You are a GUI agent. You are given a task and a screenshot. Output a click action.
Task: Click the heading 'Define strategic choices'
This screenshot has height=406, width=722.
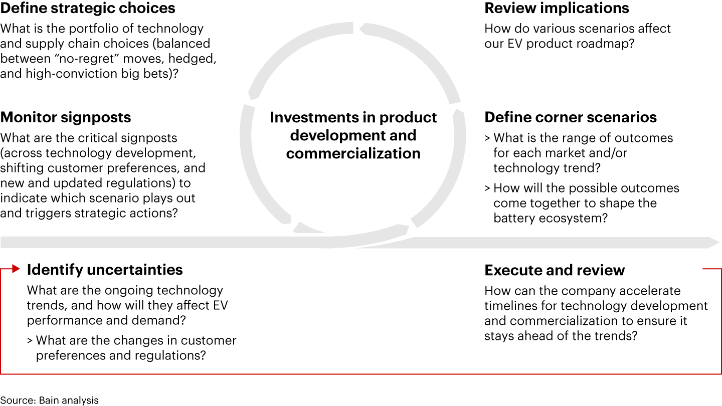coord(88,8)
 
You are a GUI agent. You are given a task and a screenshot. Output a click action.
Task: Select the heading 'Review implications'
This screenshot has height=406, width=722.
coord(557,8)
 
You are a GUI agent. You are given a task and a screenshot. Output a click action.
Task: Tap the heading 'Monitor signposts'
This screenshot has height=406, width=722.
coord(66,117)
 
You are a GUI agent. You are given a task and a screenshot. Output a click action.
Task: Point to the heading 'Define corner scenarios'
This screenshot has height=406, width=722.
coord(571,117)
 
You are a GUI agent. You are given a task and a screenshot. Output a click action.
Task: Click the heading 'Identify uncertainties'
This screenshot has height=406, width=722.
coord(105,270)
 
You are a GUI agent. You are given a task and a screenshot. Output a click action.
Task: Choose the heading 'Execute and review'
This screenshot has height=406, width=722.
coord(555,270)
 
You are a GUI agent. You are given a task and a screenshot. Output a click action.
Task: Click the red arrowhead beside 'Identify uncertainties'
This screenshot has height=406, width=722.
coord(16,269)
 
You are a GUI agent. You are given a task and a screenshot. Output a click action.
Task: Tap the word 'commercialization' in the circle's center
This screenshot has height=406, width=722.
coord(353,154)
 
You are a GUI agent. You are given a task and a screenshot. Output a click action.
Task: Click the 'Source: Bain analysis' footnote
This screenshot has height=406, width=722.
coord(49,400)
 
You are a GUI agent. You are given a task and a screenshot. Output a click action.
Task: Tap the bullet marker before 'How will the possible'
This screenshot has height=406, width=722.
coord(487,188)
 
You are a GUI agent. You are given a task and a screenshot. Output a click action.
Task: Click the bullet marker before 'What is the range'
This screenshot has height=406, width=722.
coord(487,138)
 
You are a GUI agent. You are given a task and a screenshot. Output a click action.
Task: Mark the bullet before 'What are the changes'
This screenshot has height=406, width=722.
coord(30,341)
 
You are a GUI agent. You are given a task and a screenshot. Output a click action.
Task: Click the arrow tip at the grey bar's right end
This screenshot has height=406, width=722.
coord(719,243)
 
